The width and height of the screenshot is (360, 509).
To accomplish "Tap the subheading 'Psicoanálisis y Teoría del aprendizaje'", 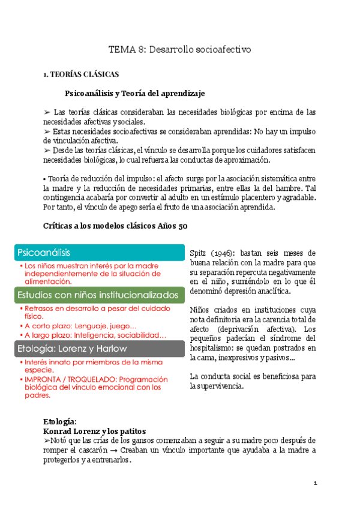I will [135, 94].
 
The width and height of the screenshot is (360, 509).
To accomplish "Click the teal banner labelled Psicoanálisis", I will [99, 253].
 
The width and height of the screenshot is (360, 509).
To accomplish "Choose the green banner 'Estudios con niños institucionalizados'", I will [99, 295].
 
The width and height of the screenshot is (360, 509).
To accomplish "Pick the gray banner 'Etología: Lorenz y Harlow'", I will [99, 348].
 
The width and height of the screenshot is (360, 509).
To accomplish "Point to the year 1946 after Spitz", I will [218, 253].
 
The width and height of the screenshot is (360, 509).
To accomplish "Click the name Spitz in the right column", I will [198, 253].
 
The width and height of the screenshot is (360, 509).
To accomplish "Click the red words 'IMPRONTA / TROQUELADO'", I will [68, 379].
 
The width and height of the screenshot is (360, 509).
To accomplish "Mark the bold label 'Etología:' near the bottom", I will [60, 422].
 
